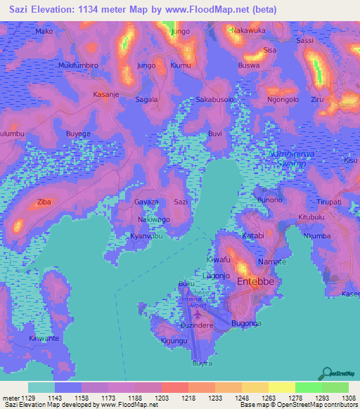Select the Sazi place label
tap(181, 202)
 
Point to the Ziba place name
tap(44, 202)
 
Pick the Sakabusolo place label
tap(214, 100)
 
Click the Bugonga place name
tap(246, 323)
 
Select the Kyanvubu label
tap(146, 236)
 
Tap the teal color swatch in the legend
tap(41, 387)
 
